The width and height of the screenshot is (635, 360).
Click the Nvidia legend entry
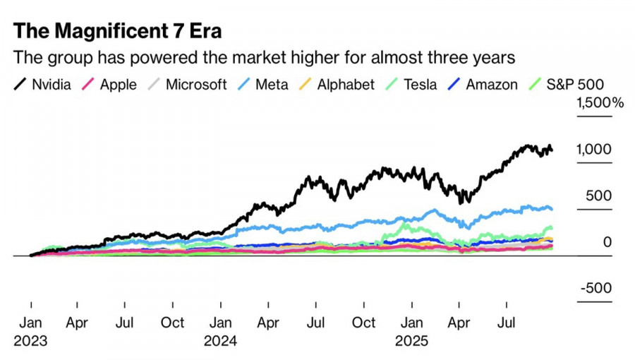pos(43,85)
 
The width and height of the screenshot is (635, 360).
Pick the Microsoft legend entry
pos(186,85)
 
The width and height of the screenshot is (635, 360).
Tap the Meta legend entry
pos(262,85)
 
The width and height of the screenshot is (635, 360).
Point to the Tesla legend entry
pos(411,85)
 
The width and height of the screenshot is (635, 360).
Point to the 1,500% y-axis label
pos(600,103)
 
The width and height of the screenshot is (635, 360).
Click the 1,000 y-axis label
pos(593,150)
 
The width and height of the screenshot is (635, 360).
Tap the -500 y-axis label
pos(595,288)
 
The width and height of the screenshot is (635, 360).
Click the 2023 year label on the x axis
pos(30,340)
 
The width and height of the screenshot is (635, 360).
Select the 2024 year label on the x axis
pos(220,340)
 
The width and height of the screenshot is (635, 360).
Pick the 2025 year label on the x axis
pos(411,340)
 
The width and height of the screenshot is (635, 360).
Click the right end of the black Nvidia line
pos(552,149)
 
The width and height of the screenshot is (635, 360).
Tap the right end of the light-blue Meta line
pos(551,208)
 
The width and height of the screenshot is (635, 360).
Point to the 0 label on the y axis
pos(607,242)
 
